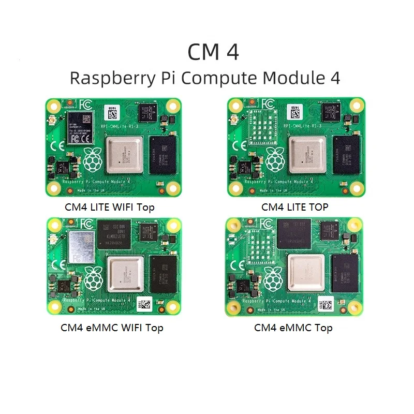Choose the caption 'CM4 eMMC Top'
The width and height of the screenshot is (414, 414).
point(293,328)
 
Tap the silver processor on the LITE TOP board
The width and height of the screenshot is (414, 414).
point(307,155)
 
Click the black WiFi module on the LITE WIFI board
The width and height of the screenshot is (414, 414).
point(81,129)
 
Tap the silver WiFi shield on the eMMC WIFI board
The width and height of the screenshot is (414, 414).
point(81,248)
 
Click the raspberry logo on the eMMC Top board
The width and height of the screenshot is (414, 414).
point(273,279)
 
